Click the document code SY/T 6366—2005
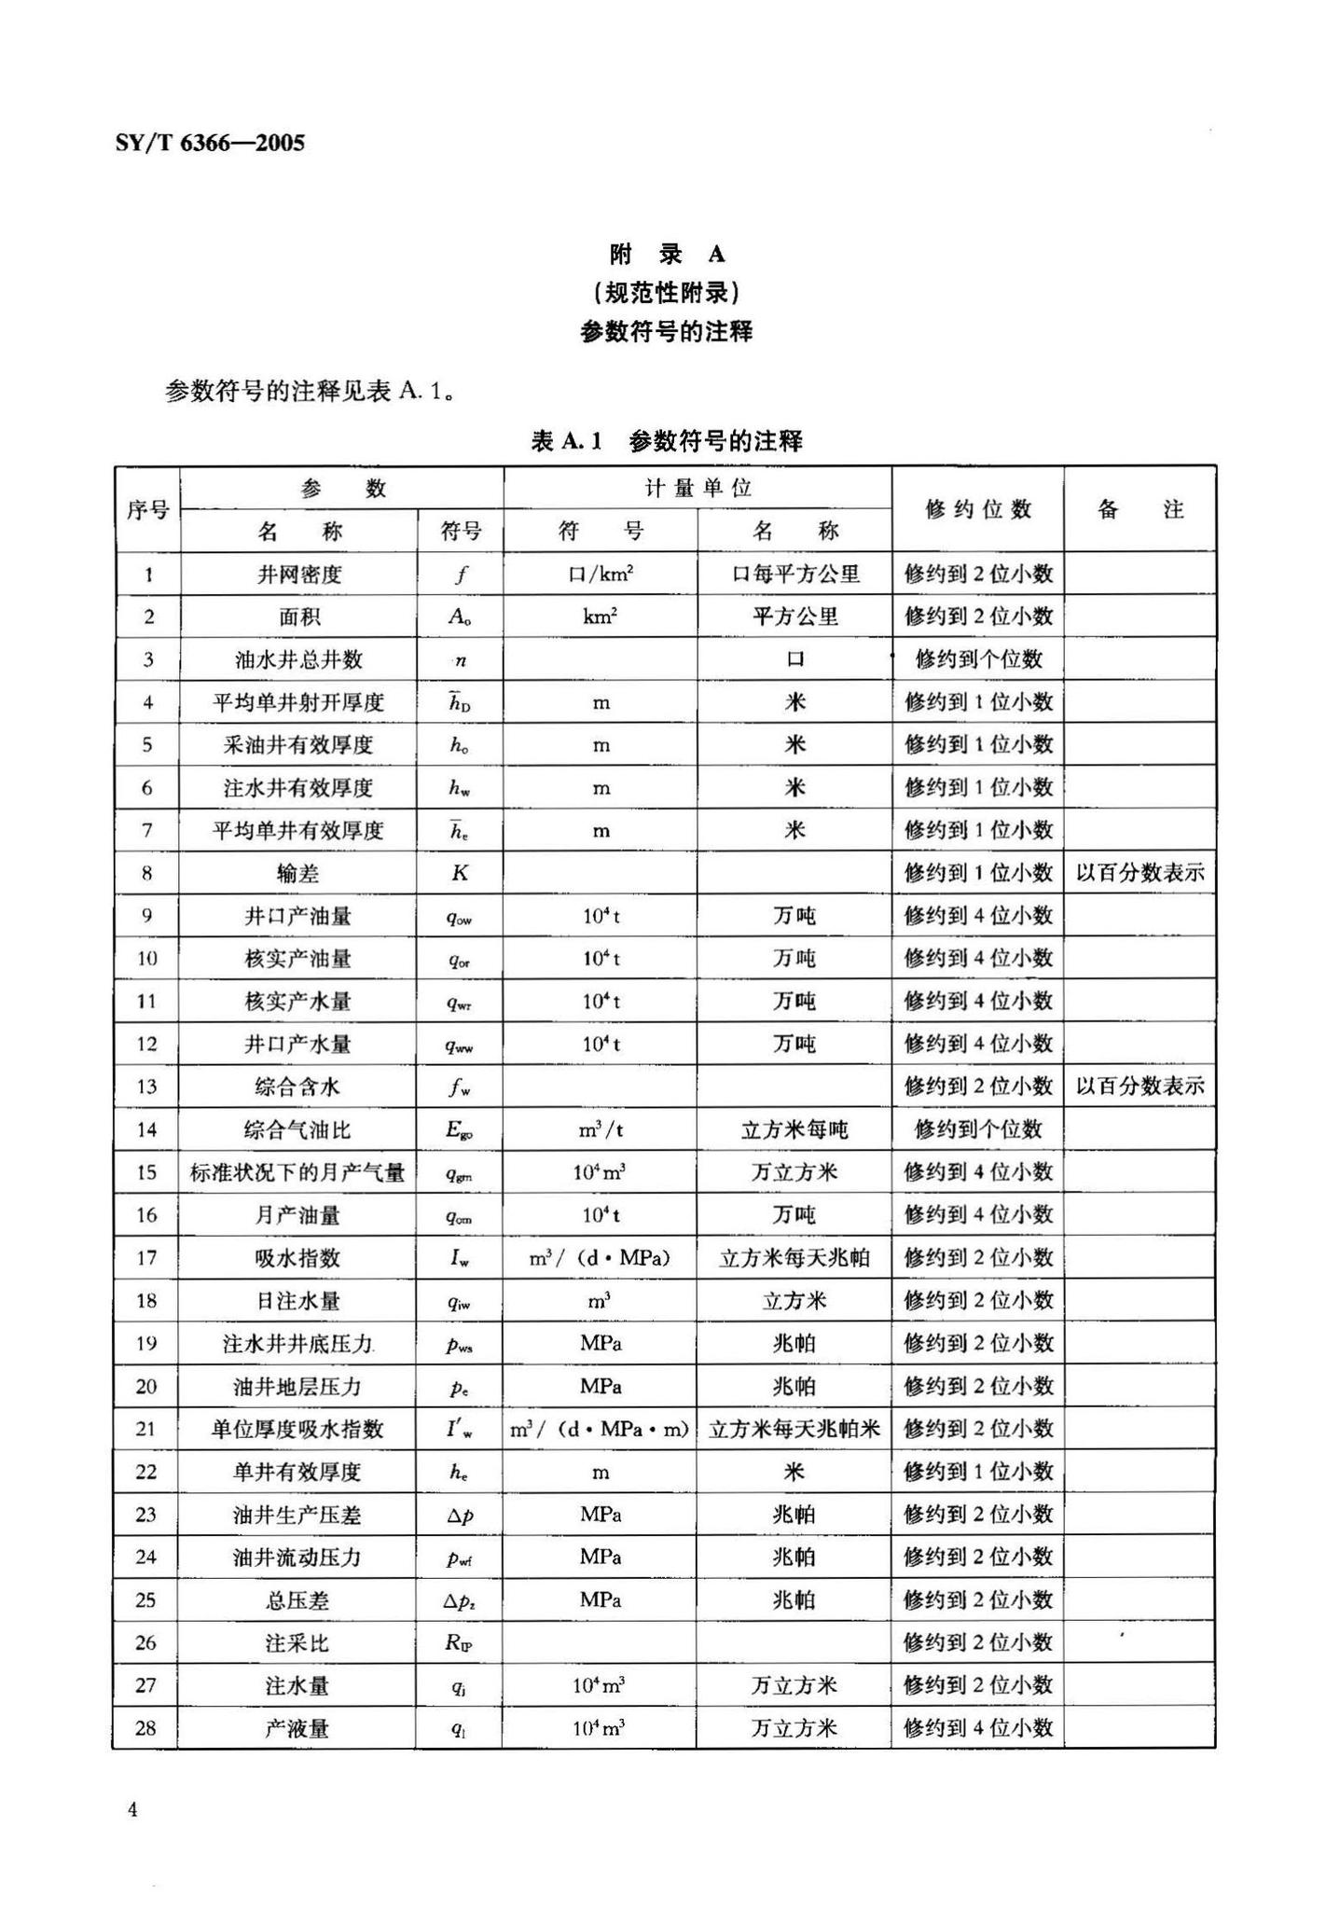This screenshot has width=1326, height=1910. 210,143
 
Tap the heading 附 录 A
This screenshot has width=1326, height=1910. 666,254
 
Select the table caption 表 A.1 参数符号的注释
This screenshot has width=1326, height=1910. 666,440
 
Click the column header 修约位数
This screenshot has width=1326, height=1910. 977,509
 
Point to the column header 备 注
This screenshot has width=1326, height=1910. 1140,509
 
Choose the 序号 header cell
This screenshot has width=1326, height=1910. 147,510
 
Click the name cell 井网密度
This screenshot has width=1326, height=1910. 299,574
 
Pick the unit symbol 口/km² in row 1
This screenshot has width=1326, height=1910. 601,574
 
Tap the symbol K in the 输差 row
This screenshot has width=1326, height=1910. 460,873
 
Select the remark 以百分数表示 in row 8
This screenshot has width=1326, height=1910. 1140,873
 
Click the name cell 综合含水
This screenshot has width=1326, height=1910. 297,1086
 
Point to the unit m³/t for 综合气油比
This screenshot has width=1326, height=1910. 601,1129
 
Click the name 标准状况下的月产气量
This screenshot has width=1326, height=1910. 297,1172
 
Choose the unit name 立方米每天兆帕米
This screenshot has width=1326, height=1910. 794,1429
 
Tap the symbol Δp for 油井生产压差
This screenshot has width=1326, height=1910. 460,1515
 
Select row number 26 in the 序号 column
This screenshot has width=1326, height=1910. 146,1642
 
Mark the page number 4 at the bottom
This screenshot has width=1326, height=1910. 132,1810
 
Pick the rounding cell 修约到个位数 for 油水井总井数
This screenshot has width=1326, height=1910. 977,659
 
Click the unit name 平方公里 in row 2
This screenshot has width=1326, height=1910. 794,616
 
